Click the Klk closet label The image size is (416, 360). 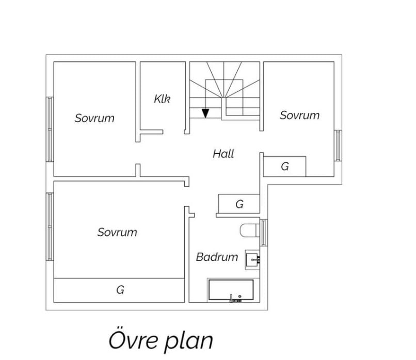coord(162,99)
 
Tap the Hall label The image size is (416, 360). coord(223,154)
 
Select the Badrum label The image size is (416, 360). coord(217,257)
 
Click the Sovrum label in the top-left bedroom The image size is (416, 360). coord(94,118)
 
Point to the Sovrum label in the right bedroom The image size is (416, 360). coord(299,116)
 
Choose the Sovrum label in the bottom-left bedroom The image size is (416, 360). coord(117,232)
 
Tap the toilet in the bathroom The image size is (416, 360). coord(249,230)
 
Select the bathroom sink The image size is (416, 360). coord(252,258)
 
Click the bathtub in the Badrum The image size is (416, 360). coord(231,290)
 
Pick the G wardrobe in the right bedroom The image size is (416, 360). coord(285,167)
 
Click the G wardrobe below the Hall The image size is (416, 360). coord(239,204)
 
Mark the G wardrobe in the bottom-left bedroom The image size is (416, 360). coord(120,290)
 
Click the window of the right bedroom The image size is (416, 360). coord(338,145)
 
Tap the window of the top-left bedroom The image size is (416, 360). coord(50,129)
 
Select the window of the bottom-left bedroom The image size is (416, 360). coord(50,227)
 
